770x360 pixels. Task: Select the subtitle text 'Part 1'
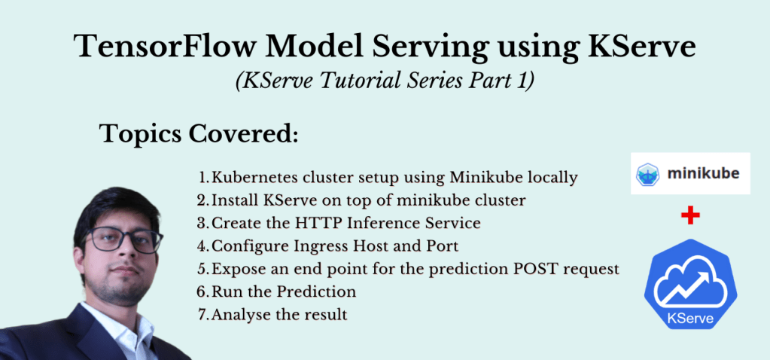click(505, 81)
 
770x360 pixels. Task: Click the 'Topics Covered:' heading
click(199, 135)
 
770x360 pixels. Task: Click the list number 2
click(202, 200)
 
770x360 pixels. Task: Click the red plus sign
click(689, 216)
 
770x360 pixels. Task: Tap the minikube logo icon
click(648, 174)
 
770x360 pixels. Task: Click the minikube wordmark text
click(703, 174)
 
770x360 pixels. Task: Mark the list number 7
click(202, 314)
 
